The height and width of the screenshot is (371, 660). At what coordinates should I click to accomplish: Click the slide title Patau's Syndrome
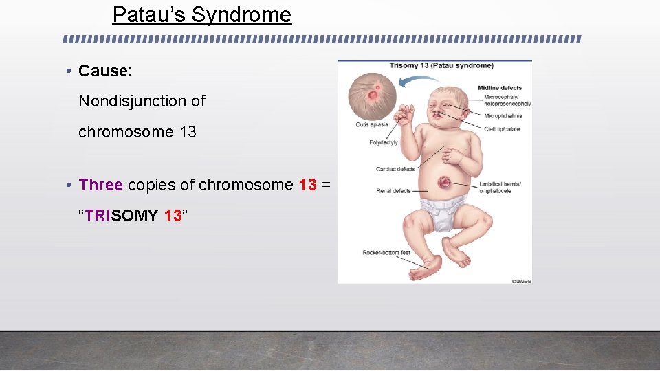tap(201, 14)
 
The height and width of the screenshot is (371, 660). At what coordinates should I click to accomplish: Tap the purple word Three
tap(100, 185)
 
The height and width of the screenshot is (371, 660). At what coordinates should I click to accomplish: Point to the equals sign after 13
tap(326, 185)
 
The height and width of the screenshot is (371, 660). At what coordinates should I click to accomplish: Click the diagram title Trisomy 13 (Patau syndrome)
tap(441, 66)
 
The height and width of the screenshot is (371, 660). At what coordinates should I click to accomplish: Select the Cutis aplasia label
tap(371, 124)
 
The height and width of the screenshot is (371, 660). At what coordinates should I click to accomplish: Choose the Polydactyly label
tap(384, 143)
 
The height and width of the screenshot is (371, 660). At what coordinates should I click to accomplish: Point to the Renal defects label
tap(393, 190)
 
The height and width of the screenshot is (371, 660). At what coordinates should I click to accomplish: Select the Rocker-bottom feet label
tap(386, 253)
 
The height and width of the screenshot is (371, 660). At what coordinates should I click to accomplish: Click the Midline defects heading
tap(500, 88)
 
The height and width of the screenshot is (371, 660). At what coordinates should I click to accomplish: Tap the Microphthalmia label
tap(503, 116)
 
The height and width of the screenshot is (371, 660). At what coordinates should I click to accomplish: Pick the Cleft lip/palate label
tap(502, 129)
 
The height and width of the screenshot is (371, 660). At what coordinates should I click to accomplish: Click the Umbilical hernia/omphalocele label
tap(501, 187)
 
